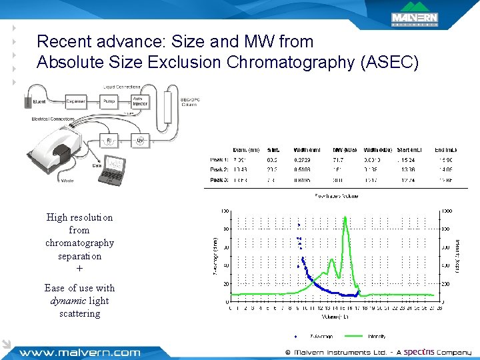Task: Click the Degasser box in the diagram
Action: [75, 102]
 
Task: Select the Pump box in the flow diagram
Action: [109, 102]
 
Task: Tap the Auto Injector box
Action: [141, 101]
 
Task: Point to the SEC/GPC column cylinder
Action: [169, 121]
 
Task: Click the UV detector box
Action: [140, 141]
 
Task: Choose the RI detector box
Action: [109, 141]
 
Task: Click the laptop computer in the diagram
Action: [108, 171]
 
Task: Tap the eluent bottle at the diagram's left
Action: [28, 101]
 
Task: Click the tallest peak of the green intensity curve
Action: [345, 217]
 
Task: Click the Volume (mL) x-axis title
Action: [336, 317]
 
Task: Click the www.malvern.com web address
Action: [79, 352]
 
